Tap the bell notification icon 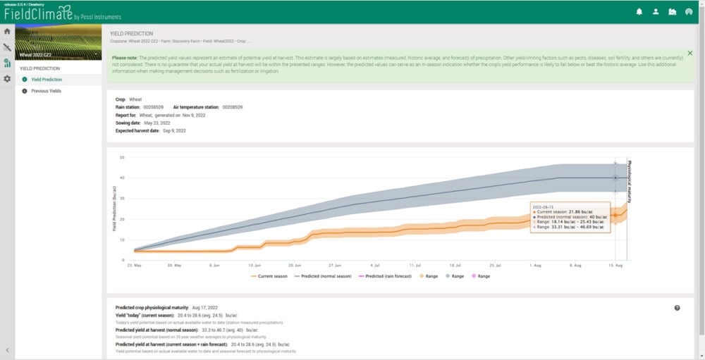pos(639,11)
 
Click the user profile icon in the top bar pos(656,11)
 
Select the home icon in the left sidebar pos(7,31)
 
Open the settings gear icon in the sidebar pos(7,79)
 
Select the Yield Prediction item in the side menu pos(50,80)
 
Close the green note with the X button pos(689,53)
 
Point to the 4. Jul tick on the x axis pos(376,266)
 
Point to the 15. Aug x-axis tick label pos(615,266)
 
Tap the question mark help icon pos(677,308)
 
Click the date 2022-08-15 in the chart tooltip pos(544,206)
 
